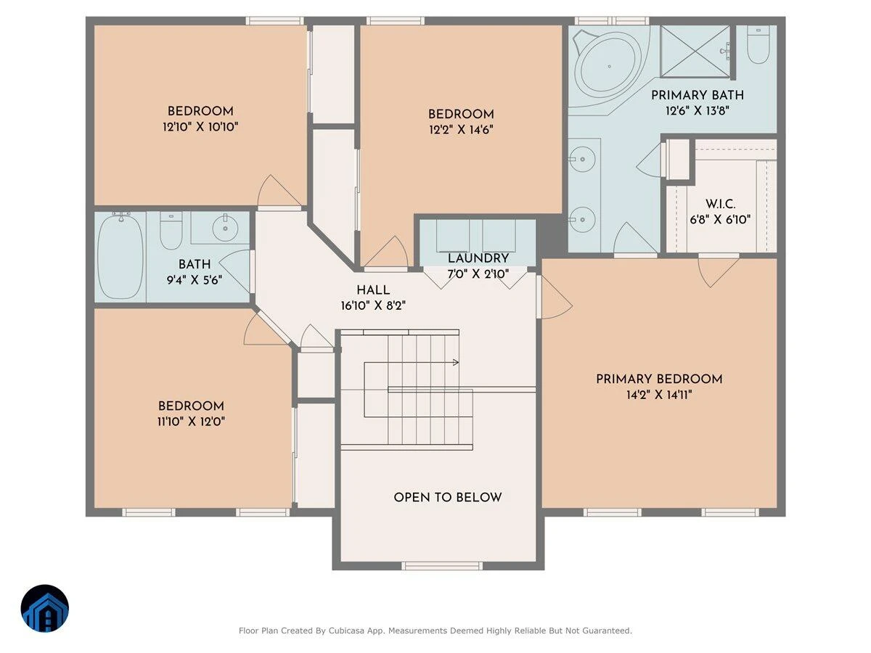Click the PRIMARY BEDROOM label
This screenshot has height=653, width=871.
(x=659, y=379)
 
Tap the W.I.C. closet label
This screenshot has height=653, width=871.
(x=720, y=204)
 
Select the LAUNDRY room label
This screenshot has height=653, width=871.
(x=478, y=258)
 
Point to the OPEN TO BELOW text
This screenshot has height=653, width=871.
(x=448, y=497)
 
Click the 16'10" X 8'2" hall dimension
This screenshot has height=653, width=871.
(x=373, y=305)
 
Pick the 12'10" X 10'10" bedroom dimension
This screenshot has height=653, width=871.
(x=200, y=127)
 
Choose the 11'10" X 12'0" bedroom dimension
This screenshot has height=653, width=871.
(x=192, y=422)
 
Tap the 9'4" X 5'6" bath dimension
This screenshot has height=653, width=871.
(x=194, y=280)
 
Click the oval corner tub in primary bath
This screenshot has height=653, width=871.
(x=609, y=66)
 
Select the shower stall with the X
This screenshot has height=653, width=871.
(x=695, y=52)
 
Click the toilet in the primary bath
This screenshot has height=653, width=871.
(x=758, y=45)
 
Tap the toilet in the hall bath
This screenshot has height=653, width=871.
(x=171, y=230)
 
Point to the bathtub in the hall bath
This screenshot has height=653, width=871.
(x=120, y=258)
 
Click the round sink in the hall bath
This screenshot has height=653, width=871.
(x=225, y=228)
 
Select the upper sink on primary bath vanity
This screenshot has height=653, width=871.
(x=582, y=159)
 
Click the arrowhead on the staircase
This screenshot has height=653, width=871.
(x=456, y=362)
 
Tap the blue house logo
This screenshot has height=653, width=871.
(x=45, y=609)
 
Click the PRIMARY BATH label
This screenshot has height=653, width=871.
(x=698, y=95)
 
